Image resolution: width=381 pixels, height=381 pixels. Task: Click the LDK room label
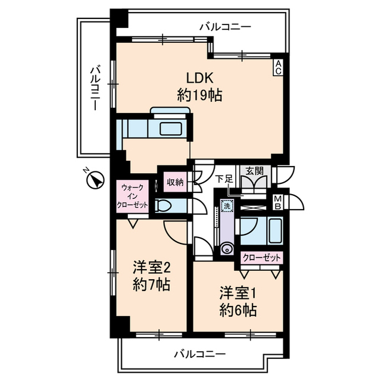tap(196, 79)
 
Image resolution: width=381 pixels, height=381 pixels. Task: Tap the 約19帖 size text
tap(199, 95)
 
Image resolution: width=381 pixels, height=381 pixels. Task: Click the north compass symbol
tap(94, 178)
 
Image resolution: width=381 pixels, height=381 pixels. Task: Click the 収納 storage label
tap(175, 181)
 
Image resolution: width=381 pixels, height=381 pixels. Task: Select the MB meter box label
tap(278, 203)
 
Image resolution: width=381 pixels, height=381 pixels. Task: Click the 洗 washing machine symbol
tap(226, 205)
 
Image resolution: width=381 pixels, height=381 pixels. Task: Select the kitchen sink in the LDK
tap(173, 129)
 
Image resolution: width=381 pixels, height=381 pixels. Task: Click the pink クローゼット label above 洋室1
tap(262, 258)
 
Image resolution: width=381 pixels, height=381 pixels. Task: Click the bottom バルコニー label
tap(200, 354)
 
